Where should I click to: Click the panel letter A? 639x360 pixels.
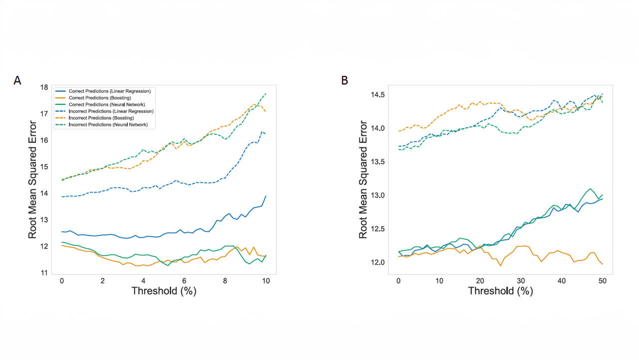(17, 80)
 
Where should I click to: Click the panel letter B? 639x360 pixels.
(344, 80)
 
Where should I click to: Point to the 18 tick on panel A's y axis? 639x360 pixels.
(44, 87)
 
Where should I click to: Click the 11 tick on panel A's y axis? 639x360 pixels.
(44, 273)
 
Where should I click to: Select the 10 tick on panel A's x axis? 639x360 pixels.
(266, 281)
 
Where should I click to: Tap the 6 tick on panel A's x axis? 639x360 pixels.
(184, 281)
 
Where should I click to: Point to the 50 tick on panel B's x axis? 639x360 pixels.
(603, 281)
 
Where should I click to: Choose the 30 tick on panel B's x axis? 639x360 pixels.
(521, 281)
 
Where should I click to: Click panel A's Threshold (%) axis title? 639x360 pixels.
(164, 291)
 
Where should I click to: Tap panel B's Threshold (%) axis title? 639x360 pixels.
(500, 291)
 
